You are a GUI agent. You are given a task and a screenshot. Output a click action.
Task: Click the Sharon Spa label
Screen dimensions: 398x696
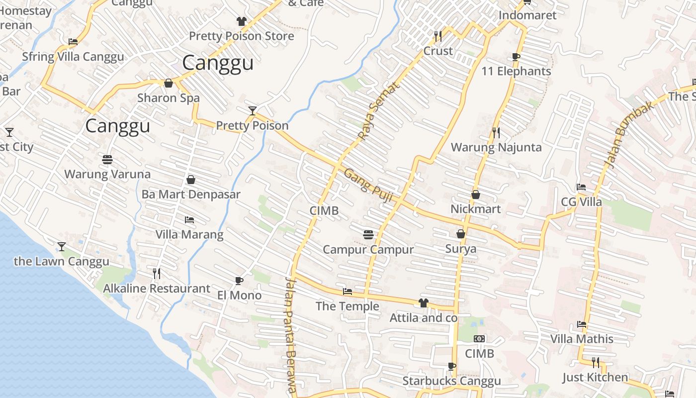point(168,98)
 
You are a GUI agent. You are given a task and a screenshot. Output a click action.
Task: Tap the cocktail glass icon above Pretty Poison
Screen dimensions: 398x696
point(253,110)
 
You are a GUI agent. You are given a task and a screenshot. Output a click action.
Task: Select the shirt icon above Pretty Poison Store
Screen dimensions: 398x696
point(242,21)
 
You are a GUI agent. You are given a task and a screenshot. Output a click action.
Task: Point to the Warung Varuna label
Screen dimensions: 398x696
point(107,174)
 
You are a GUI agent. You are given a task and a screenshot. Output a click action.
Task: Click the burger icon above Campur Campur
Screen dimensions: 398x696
point(368,234)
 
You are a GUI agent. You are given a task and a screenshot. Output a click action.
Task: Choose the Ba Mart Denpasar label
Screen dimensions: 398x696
point(191,195)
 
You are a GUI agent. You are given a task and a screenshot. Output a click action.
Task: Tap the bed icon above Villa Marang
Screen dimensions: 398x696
point(189,219)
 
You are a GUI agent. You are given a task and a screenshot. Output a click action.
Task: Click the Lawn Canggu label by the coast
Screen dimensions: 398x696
point(61,262)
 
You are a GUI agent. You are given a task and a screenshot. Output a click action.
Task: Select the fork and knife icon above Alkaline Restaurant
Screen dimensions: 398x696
point(156,273)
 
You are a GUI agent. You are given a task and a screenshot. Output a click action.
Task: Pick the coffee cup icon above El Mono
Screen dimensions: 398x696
point(239,281)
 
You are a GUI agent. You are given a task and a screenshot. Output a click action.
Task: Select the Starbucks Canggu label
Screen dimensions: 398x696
point(451,382)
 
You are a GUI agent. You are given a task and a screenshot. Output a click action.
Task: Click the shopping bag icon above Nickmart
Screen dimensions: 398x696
point(476,195)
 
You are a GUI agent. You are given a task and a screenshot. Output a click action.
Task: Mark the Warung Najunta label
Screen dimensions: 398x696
point(496,147)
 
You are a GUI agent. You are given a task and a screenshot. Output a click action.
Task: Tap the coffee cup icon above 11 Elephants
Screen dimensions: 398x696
point(516,57)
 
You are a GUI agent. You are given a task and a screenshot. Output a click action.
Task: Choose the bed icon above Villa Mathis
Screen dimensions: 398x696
point(582,324)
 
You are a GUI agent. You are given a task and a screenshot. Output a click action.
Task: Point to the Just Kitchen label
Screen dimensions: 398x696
point(595,378)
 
